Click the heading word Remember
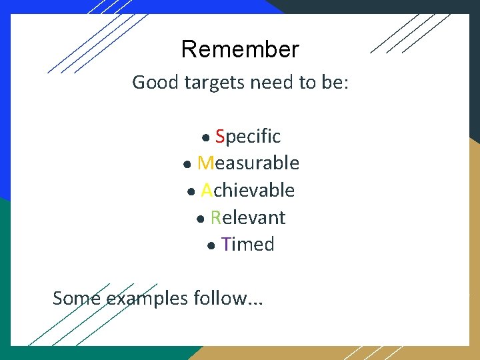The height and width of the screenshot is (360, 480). coord(240,49)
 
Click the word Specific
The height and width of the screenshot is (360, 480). coord(248,137)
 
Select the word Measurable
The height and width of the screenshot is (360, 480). coord(248,163)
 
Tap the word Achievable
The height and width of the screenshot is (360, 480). coord(248,191)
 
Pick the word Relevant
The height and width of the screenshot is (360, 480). coord(248,218)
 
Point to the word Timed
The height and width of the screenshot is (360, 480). coord(248,245)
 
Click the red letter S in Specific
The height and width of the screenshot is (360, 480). coord(220,137)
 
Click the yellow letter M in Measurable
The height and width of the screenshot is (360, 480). coord(205,163)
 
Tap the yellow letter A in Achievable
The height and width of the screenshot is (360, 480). coord(207,191)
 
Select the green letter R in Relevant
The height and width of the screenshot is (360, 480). coord(216,218)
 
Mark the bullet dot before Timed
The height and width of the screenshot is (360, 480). coord(212,247)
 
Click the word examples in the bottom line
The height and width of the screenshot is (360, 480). coord(148,299)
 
